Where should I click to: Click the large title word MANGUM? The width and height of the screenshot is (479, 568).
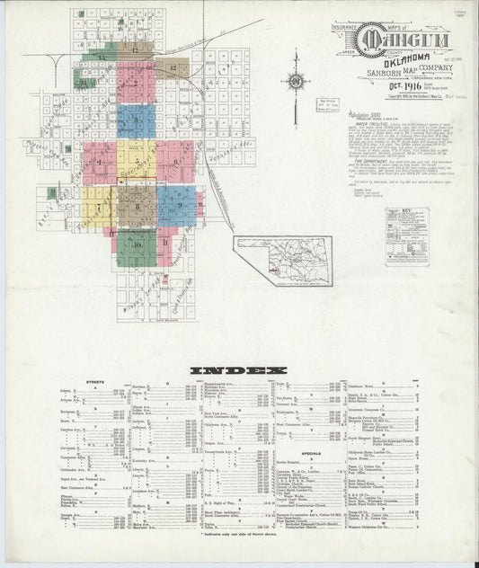tap(395, 39)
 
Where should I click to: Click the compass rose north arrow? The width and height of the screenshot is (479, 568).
tap(295, 82)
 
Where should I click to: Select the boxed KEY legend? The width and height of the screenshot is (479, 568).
tap(407, 236)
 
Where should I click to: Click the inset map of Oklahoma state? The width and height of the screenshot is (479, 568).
tap(282, 262)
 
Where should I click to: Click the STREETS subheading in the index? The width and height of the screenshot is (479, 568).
tap(94, 382)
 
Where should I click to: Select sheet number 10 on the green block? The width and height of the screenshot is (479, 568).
tap(137, 244)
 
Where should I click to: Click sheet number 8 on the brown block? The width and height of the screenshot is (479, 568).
tap(137, 208)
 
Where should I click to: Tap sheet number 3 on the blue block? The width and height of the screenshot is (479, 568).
tap(137, 120)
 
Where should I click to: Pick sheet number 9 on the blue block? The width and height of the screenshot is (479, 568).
tap(179, 206)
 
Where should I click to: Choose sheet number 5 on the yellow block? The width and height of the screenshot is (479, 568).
tap(137, 162)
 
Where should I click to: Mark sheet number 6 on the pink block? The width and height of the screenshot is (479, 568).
tap(175, 162)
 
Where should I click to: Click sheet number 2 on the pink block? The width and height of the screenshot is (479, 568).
tap(137, 83)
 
